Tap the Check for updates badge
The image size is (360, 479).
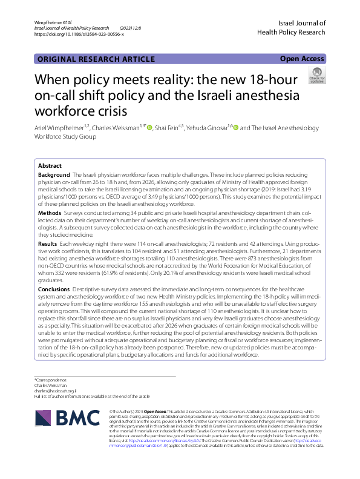(316, 75)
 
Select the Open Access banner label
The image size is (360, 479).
(302, 59)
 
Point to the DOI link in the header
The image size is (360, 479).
(79, 35)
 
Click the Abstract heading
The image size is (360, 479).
(50, 165)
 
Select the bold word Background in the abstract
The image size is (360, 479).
(54, 174)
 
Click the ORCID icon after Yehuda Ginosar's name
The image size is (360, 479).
(235, 128)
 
